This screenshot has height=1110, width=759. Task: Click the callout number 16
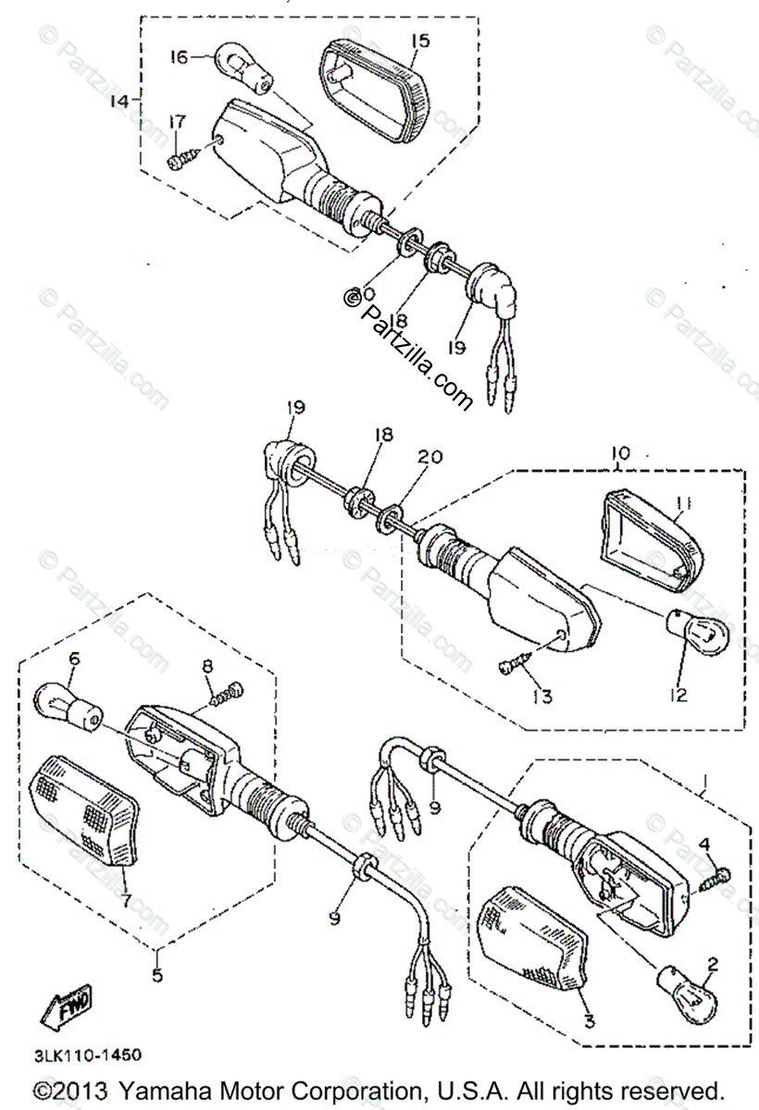coord(178,57)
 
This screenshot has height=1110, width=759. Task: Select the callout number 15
coord(420,41)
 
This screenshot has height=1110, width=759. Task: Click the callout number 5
coord(156,975)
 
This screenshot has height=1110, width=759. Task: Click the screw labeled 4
coord(715,874)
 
